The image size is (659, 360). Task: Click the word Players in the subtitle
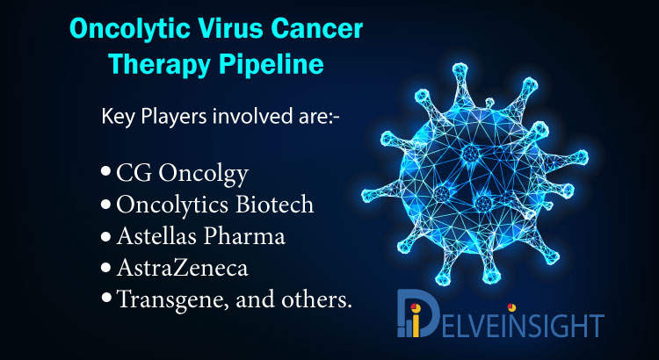point(174,118)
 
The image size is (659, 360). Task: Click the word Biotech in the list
point(274,205)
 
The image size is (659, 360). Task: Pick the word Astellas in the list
point(157,236)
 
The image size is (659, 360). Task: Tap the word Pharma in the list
point(244,236)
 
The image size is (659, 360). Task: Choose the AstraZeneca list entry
point(183,268)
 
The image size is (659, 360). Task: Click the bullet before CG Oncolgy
point(106,173)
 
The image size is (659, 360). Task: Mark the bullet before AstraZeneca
point(106,268)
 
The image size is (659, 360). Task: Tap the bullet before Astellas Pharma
point(106,236)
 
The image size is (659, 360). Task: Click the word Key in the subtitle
point(119,118)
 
